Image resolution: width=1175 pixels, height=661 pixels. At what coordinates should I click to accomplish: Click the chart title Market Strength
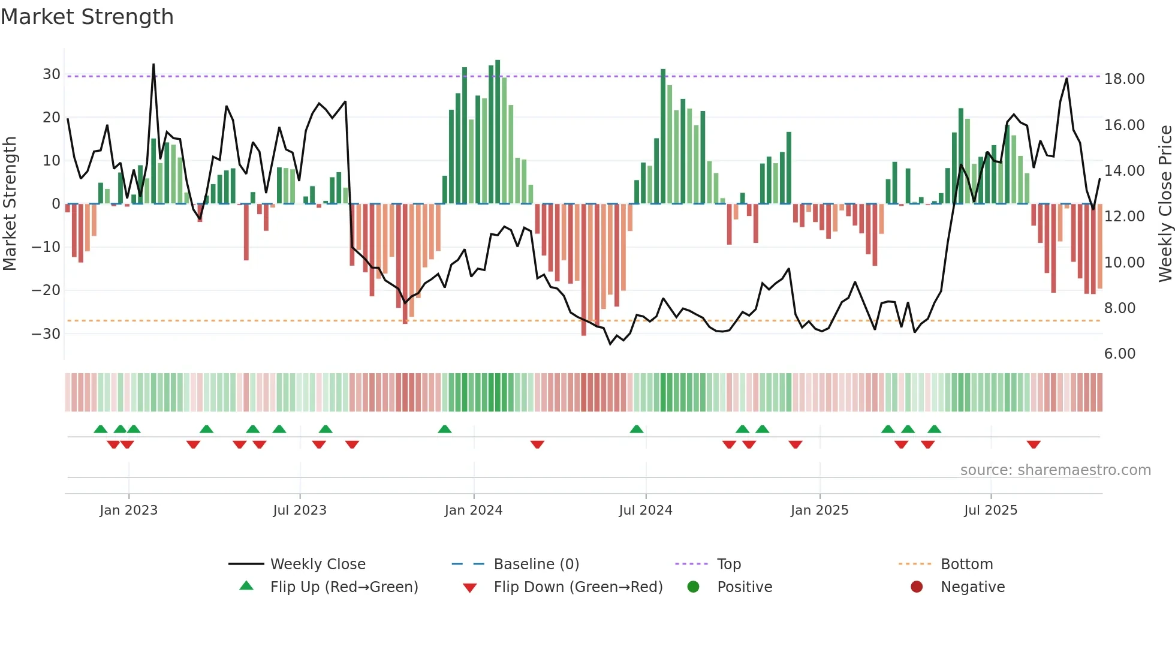coord(87,17)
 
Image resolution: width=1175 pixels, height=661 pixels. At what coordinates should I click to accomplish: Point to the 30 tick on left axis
coord(52,74)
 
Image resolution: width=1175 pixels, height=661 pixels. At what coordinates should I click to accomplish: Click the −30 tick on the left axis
coord(47,333)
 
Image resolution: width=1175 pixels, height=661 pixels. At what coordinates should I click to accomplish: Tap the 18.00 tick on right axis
coord(1124,79)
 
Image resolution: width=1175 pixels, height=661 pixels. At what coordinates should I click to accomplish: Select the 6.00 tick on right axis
coord(1119,354)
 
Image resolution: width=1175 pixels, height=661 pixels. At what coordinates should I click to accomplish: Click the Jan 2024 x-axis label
coord(473,510)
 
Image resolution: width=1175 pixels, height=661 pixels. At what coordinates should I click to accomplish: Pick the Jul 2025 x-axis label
coord(990,510)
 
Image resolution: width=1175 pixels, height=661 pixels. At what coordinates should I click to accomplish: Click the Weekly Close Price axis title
coord(1165,203)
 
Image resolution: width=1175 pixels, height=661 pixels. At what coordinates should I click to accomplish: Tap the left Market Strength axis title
coord(10,203)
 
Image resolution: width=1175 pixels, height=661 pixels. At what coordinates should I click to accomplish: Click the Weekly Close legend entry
coord(317,564)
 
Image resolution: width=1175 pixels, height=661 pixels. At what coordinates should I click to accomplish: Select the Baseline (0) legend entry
coord(536,564)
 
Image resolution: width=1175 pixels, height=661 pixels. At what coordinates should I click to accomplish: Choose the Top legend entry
coord(728,564)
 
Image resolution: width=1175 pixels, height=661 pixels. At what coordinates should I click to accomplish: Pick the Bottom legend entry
coord(966,564)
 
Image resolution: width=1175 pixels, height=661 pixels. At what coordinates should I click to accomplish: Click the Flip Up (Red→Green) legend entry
coord(344,587)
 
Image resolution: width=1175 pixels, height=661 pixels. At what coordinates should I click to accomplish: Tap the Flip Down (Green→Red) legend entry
coord(578,587)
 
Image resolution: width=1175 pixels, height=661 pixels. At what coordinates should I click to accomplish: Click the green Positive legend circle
coord(693,587)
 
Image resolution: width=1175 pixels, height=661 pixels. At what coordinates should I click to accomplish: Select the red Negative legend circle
coord(916,587)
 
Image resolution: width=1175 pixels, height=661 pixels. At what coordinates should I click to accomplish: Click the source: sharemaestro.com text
coord(1055,470)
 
